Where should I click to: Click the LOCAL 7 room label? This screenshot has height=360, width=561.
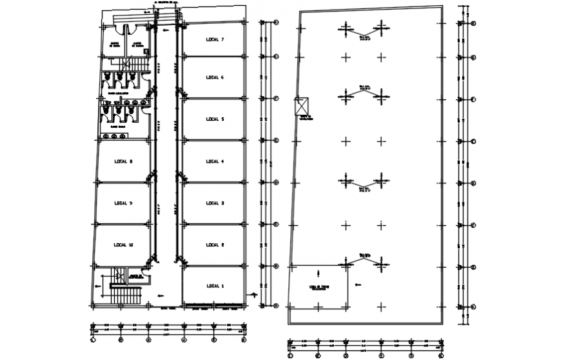pos(214,39)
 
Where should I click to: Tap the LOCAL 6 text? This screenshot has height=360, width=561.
pos(214,77)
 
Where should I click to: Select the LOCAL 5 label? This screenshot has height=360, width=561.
pos(214,119)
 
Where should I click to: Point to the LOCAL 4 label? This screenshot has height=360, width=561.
pos(214,161)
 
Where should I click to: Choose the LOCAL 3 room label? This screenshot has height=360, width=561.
pos(214,203)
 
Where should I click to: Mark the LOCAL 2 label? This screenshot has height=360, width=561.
pos(214,245)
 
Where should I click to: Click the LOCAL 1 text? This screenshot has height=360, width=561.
pos(214,286)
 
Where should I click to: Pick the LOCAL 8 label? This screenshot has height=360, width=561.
pos(123,161)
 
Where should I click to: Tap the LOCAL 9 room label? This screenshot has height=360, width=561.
pos(123,203)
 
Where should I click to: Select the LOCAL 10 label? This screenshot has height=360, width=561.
pos(123,245)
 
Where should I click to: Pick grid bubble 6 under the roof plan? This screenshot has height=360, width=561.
pos(440,355)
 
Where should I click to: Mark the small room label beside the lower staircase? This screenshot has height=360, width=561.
pos(135,277)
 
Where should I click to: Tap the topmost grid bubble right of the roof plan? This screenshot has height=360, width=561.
pos(473,23)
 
